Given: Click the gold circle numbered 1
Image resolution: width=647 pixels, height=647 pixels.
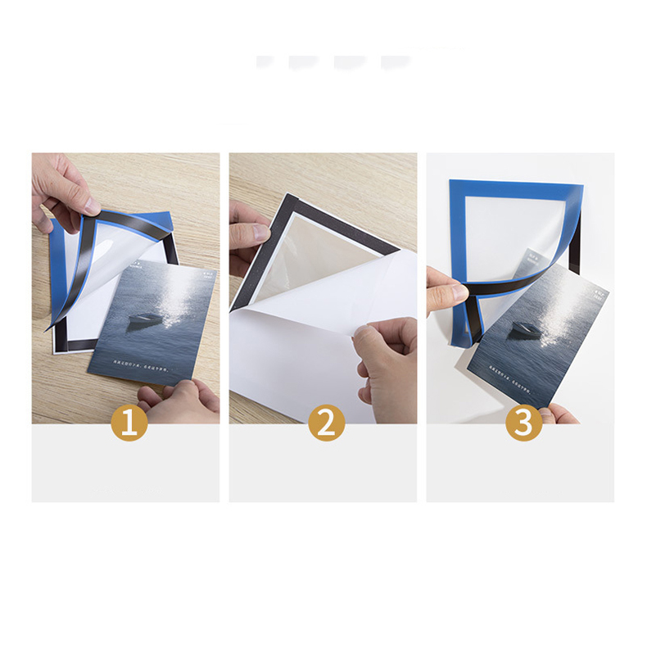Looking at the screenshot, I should click(129, 422).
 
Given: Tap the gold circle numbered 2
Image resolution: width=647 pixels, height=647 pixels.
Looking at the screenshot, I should click(327, 422).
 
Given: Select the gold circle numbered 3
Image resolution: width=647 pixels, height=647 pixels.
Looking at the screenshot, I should click(523, 422).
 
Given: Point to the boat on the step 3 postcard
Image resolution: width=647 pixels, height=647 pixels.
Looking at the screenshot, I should click(523, 329).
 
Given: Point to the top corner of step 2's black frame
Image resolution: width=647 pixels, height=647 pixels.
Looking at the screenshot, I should click(285, 195).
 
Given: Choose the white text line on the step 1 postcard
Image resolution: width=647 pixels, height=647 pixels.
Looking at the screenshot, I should click(123, 366).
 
